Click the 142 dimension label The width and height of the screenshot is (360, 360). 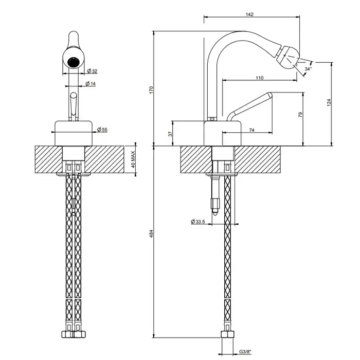(249, 14)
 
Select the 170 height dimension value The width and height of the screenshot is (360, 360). (151, 90)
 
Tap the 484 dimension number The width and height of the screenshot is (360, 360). (151, 233)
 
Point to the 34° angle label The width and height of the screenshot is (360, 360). (308, 68)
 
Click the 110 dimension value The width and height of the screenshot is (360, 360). (259, 78)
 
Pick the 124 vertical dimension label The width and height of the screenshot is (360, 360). (329, 102)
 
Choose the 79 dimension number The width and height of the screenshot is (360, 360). (300, 115)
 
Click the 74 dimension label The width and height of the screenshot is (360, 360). (251, 130)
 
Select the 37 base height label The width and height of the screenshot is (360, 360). (170, 134)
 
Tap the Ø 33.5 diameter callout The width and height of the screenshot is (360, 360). (197, 222)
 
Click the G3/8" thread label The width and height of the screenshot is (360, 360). (245, 351)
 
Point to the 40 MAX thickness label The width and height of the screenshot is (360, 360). (133, 159)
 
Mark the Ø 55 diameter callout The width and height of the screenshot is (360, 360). (102, 130)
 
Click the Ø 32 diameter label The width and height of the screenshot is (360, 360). (92, 71)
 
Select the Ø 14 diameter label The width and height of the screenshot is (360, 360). (91, 83)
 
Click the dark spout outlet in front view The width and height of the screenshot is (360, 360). (74, 62)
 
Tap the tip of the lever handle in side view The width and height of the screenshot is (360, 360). (270, 94)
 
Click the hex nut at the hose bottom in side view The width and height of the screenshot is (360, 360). (227, 334)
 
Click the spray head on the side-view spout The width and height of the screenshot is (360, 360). (287, 57)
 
